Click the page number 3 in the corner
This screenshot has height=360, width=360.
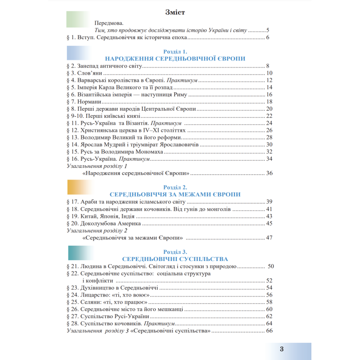click(281, 350)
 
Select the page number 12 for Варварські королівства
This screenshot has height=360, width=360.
click(269, 80)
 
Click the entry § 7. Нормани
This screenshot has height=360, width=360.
click(87, 102)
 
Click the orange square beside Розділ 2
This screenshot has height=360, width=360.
click(77, 186)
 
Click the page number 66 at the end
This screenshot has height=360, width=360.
click(269, 331)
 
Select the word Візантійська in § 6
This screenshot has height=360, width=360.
click(99, 94)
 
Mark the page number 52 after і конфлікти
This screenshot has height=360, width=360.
click(269, 281)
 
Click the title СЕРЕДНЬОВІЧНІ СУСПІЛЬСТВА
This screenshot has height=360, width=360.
click(175, 259)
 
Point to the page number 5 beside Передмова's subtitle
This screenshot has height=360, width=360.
click(267, 30)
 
